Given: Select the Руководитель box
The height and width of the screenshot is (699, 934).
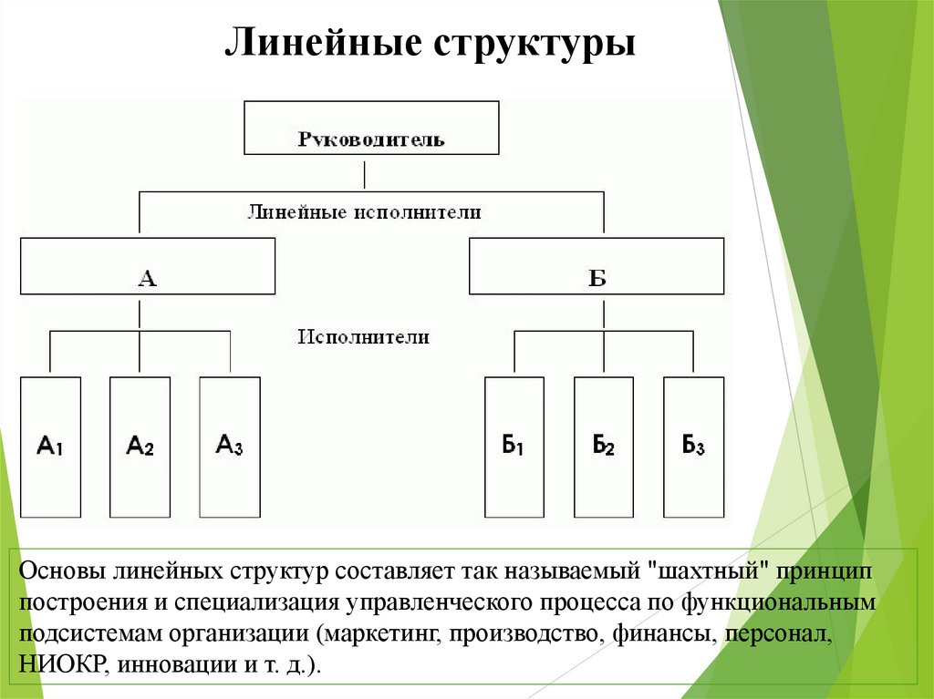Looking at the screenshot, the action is (x=371, y=128).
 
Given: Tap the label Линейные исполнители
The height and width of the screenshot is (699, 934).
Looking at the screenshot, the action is (x=364, y=212).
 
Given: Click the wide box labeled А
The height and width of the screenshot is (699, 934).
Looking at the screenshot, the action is (x=147, y=266).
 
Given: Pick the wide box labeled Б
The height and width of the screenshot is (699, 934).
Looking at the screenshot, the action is (x=597, y=266).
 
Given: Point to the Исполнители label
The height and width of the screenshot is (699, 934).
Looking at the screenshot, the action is (x=363, y=336).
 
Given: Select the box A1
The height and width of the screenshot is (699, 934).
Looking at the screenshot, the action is (x=50, y=447).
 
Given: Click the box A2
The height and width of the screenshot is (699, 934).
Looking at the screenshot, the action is (x=140, y=447).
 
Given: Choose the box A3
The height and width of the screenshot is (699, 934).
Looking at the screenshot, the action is (x=229, y=447).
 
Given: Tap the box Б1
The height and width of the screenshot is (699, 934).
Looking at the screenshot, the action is (x=514, y=447).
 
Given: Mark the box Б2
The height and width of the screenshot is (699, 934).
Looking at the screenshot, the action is (x=603, y=447).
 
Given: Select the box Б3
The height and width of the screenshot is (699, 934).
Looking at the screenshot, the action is (x=693, y=447).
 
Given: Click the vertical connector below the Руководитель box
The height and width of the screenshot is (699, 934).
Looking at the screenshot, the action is (x=365, y=173).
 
